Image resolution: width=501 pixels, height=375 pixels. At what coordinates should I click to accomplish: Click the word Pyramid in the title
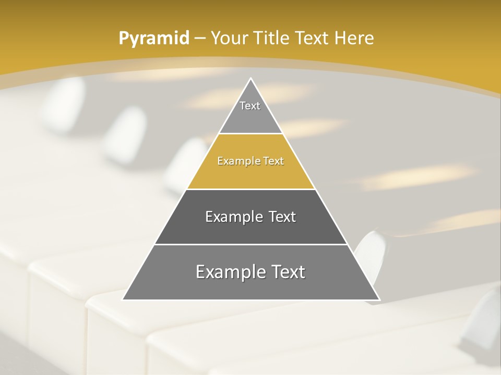pyautogui.click(x=153, y=39)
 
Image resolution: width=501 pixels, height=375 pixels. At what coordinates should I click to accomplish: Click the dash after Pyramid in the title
pyautogui.click(x=200, y=39)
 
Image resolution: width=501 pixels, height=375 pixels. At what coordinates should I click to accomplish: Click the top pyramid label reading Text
pyautogui.click(x=250, y=106)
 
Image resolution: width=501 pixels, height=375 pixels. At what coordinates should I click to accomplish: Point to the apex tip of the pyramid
pyautogui.click(x=251, y=79)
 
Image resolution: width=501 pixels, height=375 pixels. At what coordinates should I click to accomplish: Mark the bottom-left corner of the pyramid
pyautogui.click(x=124, y=299)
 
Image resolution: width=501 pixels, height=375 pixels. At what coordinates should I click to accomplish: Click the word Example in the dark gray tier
pyautogui.click(x=233, y=217)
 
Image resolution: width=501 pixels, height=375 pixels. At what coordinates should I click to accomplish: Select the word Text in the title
pyautogui.click(x=312, y=38)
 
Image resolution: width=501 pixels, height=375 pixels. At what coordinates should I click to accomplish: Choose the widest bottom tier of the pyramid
pyautogui.click(x=250, y=286)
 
